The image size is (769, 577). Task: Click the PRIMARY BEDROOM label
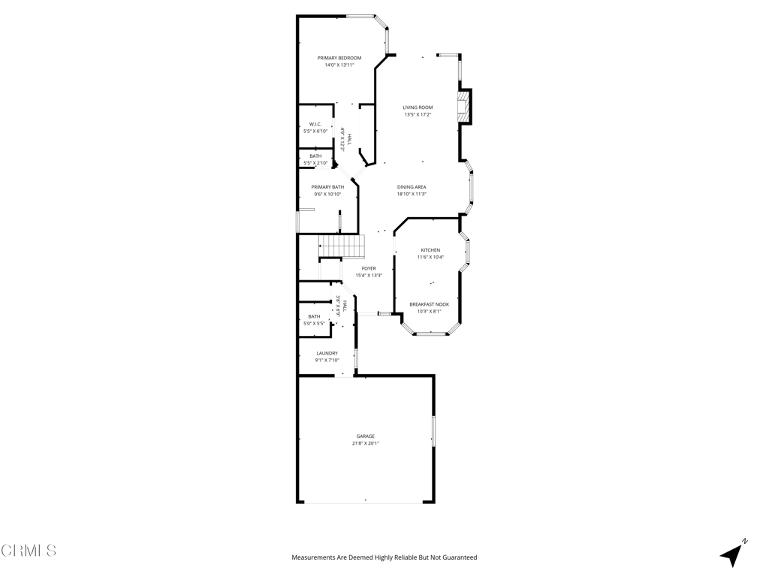(x=339, y=58)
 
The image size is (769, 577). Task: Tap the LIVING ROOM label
(x=418, y=107)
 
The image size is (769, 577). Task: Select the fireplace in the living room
(x=465, y=106)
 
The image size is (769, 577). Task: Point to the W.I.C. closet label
(x=315, y=124)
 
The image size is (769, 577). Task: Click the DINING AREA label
(x=412, y=187)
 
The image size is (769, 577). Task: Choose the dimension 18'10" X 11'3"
(x=412, y=194)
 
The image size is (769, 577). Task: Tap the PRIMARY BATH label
(x=327, y=187)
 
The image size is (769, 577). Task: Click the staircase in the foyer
(x=342, y=246)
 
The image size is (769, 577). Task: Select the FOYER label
(x=369, y=268)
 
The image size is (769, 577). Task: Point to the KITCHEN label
(x=430, y=250)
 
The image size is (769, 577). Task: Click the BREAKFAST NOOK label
(x=430, y=304)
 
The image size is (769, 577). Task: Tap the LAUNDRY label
(x=327, y=353)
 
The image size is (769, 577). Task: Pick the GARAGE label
(x=366, y=437)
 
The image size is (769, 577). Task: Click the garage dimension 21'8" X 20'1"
(x=366, y=443)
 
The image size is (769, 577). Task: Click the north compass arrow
(x=732, y=554)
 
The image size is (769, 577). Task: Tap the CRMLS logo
(x=29, y=551)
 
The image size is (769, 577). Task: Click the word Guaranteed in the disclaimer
(x=458, y=557)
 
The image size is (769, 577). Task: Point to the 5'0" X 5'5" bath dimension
(x=314, y=323)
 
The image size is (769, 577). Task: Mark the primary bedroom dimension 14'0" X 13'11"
(x=339, y=65)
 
